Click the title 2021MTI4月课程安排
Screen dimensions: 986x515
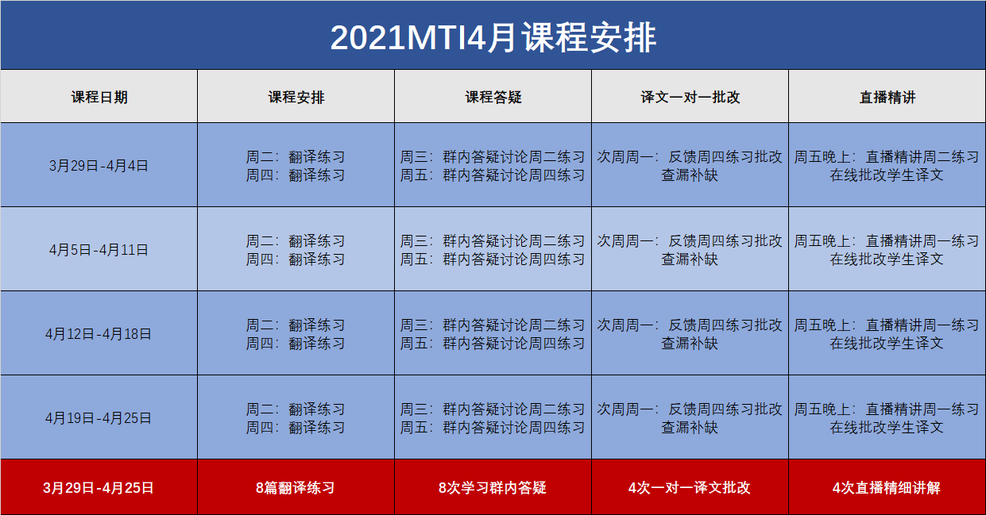[x=493, y=38]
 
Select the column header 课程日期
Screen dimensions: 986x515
[x=99, y=97]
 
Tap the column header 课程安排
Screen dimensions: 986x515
[x=296, y=97]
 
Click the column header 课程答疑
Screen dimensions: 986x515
[x=493, y=97]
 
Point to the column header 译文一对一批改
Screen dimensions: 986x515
[x=690, y=97]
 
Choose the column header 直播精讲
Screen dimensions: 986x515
[x=887, y=97]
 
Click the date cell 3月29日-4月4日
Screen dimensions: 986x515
[x=99, y=166]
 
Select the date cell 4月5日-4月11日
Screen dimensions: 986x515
[x=99, y=250]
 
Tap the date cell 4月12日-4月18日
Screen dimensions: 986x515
[x=99, y=334]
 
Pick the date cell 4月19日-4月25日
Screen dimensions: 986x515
[x=99, y=418]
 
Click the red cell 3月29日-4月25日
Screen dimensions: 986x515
[x=99, y=488]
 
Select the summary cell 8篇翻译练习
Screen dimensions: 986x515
[x=296, y=488]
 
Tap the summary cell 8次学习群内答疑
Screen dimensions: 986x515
[x=493, y=488]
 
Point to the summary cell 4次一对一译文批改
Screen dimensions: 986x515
[x=690, y=488]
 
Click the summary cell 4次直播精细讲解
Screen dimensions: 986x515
[x=887, y=488]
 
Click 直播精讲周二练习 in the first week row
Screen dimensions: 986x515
[x=922, y=157]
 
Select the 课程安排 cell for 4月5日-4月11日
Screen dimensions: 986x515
[x=296, y=250]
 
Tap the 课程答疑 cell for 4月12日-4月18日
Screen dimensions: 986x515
[x=493, y=334]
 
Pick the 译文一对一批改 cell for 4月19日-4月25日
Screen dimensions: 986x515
[x=690, y=418]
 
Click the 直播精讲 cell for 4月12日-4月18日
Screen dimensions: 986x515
[x=887, y=334]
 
